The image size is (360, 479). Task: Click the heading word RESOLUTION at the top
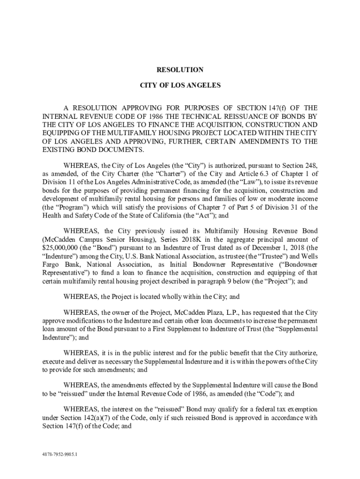pyautogui.click(x=180, y=70)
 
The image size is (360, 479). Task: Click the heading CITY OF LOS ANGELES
pyautogui.click(x=180, y=86)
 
